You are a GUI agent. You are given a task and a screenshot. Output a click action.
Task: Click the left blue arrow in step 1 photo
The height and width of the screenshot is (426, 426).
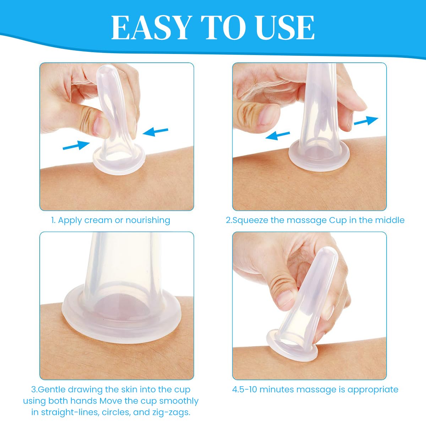pos(76,145)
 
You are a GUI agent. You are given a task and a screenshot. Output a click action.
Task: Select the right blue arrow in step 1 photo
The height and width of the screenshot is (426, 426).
pos(155,132)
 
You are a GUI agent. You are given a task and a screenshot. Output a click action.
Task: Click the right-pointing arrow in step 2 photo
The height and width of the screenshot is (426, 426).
pos(366,121)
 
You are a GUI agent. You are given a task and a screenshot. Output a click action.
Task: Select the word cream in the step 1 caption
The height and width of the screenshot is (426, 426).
pos(98,220)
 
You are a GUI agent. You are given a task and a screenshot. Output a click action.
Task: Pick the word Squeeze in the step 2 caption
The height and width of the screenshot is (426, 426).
pos(251,220)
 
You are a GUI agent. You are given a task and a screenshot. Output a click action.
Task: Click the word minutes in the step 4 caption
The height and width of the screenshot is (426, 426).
pos(276,389)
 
